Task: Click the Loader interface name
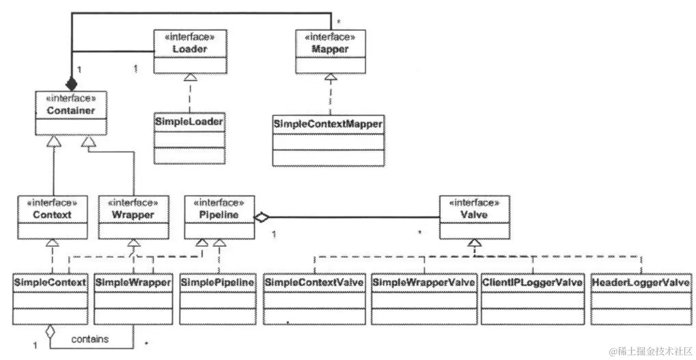tap(190, 49)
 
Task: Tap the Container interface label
tap(71, 111)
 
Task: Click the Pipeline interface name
tap(219, 215)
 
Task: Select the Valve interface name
tap(473, 215)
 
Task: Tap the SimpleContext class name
tap(50, 282)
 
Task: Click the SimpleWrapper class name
tap(134, 282)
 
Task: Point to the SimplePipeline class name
tap(217, 282)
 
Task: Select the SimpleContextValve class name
tap(314, 282)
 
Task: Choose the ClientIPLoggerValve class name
tap(532, 282)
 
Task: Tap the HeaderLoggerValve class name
tap(640, 282)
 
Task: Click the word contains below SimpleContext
tap(90, 339)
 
